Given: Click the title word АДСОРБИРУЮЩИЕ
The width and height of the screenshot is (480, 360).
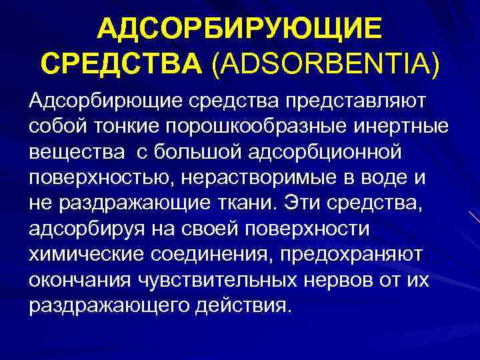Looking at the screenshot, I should pyautogui.click(x=240, y=29).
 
